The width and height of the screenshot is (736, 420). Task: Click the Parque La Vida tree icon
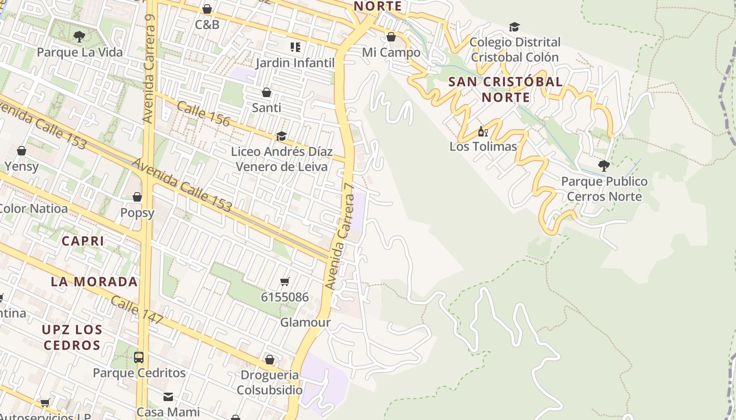(79, 37)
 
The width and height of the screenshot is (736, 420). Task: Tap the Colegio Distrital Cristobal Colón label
(515, 49)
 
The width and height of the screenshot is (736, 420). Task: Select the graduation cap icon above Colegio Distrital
(514, 27)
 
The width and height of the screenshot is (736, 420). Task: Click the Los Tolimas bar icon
(483, 131)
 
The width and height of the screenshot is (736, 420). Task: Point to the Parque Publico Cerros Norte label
(604, 189)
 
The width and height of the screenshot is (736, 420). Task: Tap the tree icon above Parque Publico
(604, 166)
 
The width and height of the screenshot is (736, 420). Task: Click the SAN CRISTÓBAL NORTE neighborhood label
(506, 90)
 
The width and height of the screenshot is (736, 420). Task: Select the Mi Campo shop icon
(391, 37)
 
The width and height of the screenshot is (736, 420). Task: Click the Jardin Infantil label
(295, 63)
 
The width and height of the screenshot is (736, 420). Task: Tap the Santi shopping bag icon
(267, 92)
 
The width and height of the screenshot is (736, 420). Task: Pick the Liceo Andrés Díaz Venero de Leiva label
(282, 159)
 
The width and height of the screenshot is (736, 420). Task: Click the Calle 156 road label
(203, 114)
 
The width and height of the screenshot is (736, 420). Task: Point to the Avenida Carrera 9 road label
(150, 68)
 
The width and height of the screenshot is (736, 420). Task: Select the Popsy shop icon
(137, 197)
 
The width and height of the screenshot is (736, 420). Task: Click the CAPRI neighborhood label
(83, 241)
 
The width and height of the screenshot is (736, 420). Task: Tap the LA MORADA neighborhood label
(95, 282)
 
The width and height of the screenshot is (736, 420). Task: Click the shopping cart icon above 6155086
(285, 282)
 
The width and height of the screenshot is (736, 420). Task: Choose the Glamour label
(305, 322)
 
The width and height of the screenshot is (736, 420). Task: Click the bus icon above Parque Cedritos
(139, 358)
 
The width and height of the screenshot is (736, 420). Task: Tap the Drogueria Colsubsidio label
(270, 383)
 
